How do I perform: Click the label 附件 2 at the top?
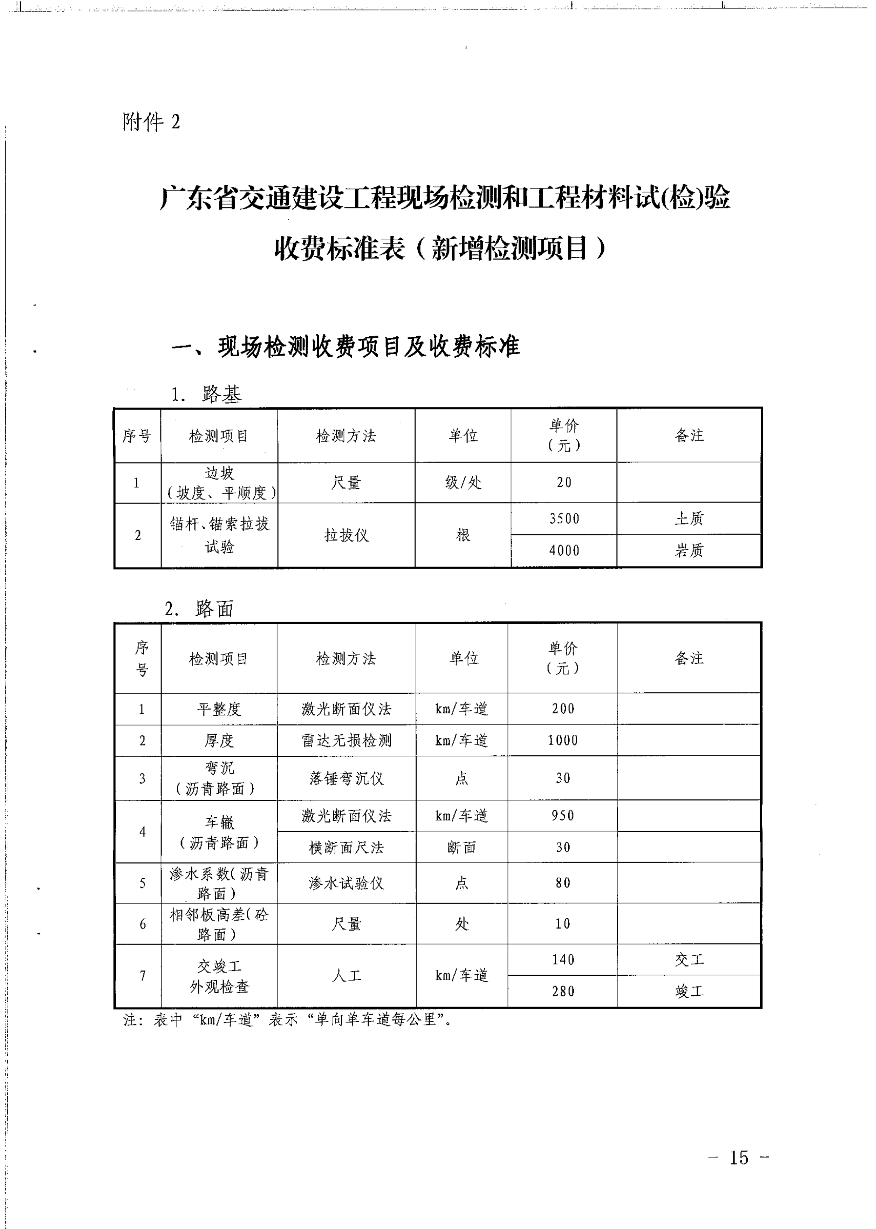coord(151,122)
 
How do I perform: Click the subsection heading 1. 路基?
coord(206,394)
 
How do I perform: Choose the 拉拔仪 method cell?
coord(346,535)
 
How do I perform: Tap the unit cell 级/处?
coord(463,482)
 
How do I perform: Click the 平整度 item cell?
coord(219,709)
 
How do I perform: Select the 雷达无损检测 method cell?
coord(346,740)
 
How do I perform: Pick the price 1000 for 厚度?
coord(563,740)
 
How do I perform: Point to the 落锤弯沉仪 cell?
coord(346,778)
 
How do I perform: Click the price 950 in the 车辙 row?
coord(563,815)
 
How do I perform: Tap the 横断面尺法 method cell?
coord(346,847)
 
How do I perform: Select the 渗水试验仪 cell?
coord(346,883)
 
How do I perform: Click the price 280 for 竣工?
coord(563,991)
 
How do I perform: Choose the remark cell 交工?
coord(689,959)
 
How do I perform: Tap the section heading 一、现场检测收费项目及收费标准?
coord(345,346)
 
